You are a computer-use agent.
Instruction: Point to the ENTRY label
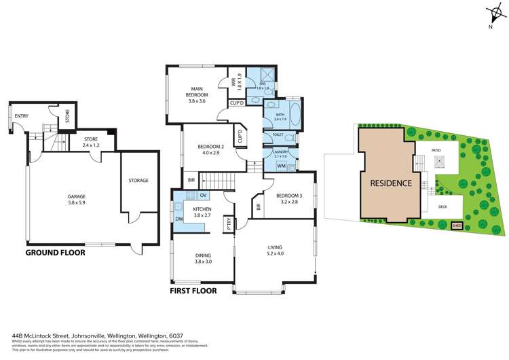[x=22, y=116]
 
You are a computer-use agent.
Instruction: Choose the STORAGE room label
[x=138, y=181]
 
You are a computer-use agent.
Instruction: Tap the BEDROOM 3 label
[x=289, y=199]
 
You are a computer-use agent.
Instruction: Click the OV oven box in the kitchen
[x=203, y=196]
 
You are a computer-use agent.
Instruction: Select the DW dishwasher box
[x=178, y=219]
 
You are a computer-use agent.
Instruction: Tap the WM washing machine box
[x=281, y=166]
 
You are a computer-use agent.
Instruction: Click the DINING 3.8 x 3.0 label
[x=204, y=259]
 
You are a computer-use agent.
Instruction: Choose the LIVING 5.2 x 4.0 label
[x=275, y=250]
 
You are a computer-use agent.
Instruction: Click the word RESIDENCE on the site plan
[x=390, y=183]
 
